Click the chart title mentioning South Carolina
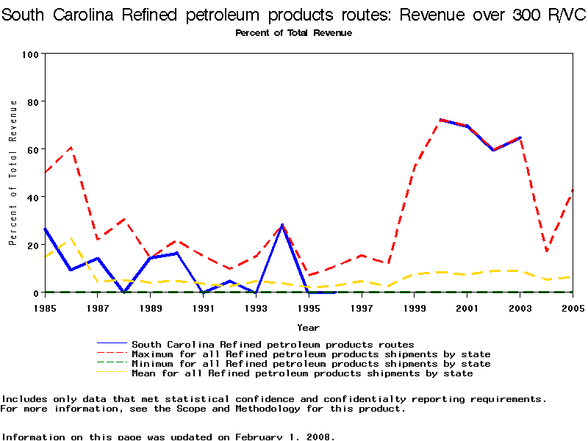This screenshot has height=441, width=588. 294,15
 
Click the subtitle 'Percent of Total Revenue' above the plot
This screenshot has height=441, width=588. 293,33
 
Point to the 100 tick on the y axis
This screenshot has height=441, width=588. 31,54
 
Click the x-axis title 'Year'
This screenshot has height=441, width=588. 308,327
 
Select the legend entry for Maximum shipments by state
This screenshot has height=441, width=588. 311,354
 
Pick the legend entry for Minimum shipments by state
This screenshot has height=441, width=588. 311,364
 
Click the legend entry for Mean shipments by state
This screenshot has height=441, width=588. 302,373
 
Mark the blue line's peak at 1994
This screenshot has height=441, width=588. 282,225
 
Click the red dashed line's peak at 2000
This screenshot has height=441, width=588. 440,120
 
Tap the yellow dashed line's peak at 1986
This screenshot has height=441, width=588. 71,238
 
